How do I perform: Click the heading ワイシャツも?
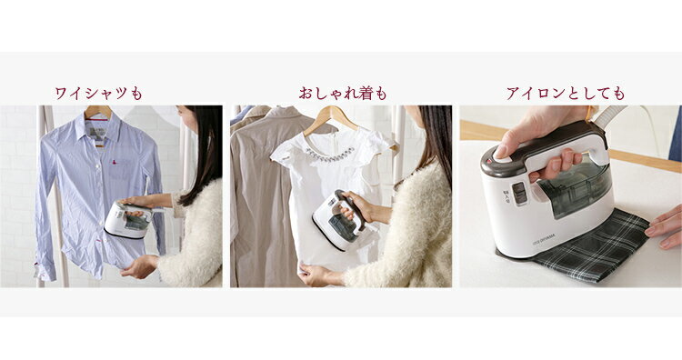99,93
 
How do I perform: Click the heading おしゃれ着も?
343,93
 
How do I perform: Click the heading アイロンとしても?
566,94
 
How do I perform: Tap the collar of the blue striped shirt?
97,123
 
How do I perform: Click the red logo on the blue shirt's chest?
115,163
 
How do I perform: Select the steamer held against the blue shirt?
129,220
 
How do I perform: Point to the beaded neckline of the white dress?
329,154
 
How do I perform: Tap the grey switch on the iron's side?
519,193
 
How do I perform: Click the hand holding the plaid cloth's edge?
664,228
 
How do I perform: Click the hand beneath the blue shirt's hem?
139,266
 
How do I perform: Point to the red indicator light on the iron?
489,161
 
